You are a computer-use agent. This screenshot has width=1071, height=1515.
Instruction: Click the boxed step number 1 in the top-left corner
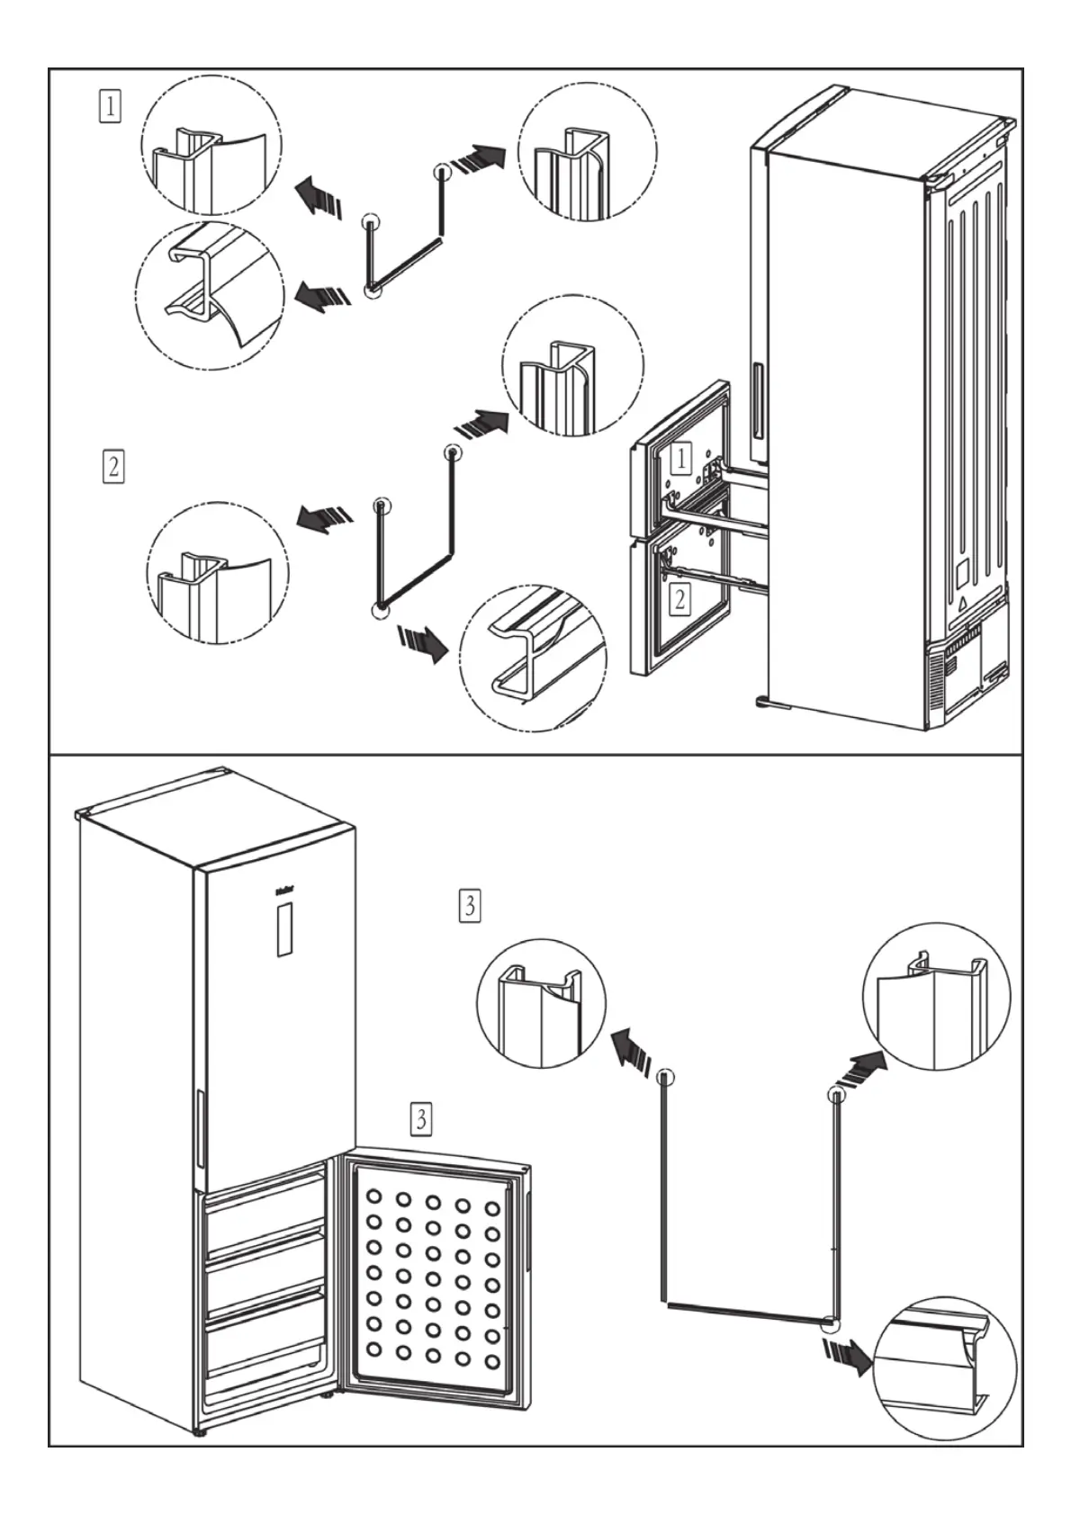point(109,107)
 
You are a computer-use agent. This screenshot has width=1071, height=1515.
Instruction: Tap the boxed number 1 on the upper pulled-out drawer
point(681,458)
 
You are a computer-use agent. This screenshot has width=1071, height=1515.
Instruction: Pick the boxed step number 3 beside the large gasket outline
point(469,904)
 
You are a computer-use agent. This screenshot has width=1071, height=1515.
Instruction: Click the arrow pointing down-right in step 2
point(422,643)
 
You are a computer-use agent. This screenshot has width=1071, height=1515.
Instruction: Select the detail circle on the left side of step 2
point(217,573)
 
